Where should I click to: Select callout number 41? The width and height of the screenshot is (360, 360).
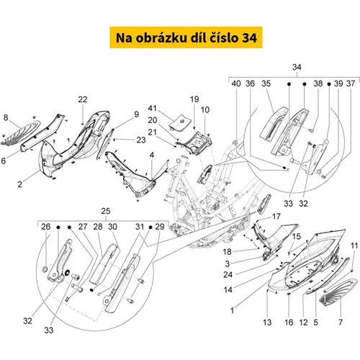tap(153, 109)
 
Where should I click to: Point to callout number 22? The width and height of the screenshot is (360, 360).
tap(83, 99)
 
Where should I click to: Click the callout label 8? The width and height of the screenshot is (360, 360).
tap(6, 117)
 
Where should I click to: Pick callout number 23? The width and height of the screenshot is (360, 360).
tap(141, 140)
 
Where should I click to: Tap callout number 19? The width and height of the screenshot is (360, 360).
tap(194, 99)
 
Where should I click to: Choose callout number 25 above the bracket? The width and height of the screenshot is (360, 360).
tap(106, 211)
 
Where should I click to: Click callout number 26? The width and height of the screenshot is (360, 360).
tap(46, 227)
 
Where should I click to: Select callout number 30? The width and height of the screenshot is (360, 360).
tap(112, 227)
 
